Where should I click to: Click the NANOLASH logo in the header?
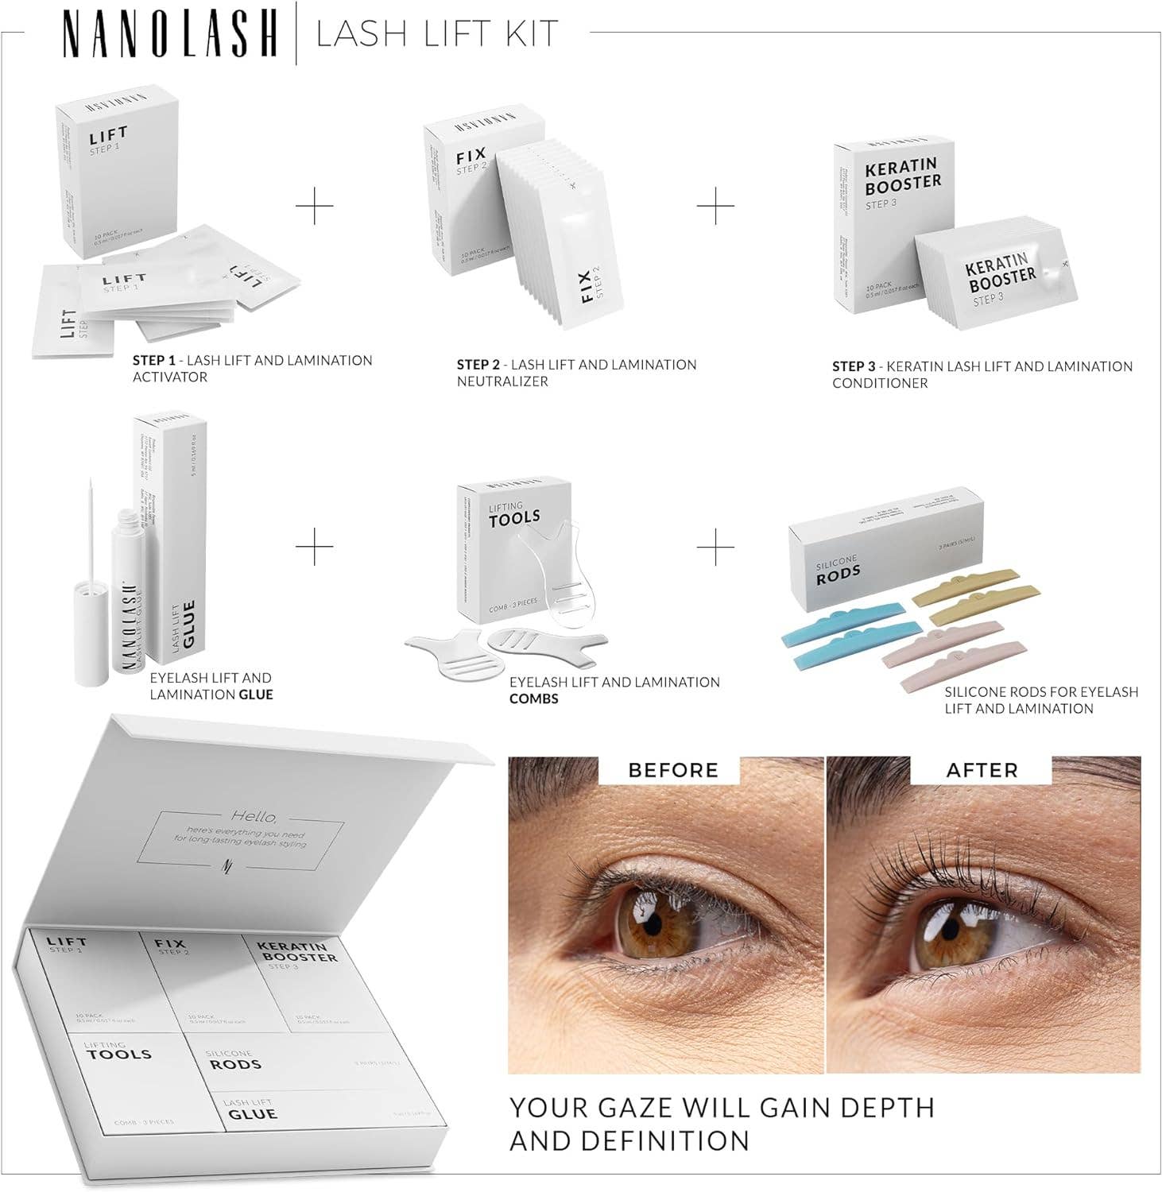(169, 34)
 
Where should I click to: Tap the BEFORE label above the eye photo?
(672, 770)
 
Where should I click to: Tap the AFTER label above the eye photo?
(982, 770)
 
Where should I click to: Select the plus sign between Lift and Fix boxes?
(316, 207)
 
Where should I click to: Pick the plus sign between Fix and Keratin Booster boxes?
(715, 207)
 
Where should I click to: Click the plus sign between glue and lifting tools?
(316, 546)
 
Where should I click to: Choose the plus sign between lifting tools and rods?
(715, 546)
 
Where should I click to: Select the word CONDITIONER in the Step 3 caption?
(880, 383)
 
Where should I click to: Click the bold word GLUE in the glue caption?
(256, 695)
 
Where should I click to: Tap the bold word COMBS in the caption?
(534, 699)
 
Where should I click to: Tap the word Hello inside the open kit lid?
(254, 816)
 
